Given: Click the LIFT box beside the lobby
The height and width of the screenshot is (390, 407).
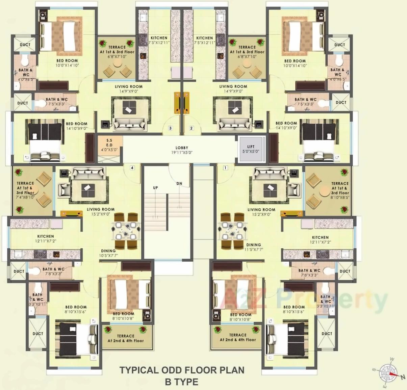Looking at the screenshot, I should tap(251, 149).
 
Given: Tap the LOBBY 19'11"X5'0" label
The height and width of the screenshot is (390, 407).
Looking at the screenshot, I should tap(182, 150).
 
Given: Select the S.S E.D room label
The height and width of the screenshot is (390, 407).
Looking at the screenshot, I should tap(109, 145).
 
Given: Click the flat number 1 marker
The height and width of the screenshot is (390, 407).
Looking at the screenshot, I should tap(225, 168).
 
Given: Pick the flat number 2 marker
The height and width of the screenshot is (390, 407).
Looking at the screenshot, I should tap(192, 128).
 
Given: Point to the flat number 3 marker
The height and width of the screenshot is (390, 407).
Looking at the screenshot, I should tap(170, 128).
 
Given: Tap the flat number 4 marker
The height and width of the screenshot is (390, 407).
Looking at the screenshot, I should tap(132, 168).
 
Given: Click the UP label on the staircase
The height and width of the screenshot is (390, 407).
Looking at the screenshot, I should tap(155, 188).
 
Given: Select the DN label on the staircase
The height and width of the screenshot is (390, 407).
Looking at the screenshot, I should tap(179, 184).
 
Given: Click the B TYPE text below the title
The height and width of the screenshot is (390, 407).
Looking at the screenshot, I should tap(182, 382).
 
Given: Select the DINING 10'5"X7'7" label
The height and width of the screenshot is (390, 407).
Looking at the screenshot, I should tap(108, 253).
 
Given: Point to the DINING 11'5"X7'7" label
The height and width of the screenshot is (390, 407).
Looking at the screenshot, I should tap(253, 247).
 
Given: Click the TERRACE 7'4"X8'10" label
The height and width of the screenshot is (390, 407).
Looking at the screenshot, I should tap(25, 190).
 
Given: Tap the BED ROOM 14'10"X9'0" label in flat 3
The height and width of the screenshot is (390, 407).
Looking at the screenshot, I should tap(77, 126).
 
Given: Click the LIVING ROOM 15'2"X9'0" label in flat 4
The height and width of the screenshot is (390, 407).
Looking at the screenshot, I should tap(101, 211).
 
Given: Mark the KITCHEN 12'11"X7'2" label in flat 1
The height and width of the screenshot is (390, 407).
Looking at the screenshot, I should tap(320, 240).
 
